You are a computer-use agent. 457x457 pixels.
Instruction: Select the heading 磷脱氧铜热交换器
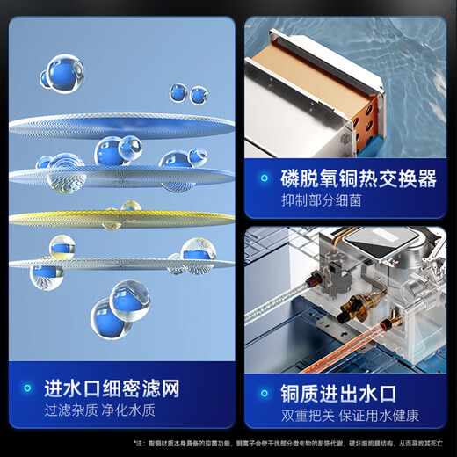358,179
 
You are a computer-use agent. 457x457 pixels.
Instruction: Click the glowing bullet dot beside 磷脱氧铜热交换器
263,180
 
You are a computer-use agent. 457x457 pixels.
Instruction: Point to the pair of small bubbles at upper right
188,93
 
